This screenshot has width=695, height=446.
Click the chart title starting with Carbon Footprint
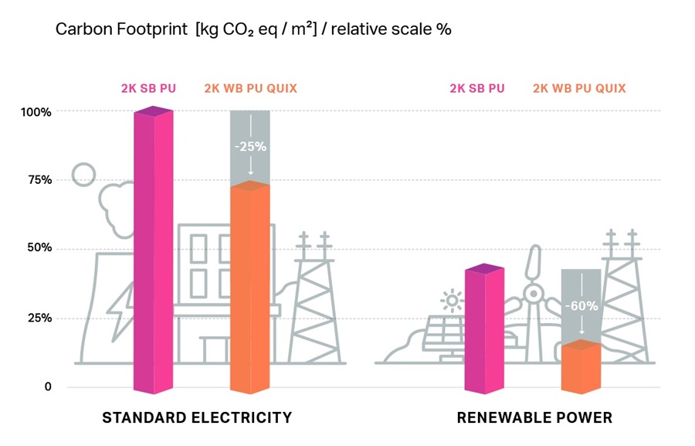(x=253, y=30)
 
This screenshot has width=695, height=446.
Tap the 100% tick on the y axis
(x=36, y=112)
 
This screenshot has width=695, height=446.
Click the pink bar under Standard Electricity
(x=153, y=251)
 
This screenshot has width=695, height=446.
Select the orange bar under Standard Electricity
(x=249, y=286)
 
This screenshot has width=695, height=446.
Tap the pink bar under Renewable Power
(x=484, y=329)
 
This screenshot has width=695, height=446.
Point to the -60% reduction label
(x=581, y=306)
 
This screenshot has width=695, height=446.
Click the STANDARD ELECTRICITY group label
(x=197, y=418)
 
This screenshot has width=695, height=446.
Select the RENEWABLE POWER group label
(x=534, y=418)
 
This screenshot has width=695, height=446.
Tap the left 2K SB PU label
(x=148, y=88)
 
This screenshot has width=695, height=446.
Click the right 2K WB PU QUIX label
(x=579, y=88)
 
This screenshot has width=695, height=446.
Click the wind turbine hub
(x=532, y=293)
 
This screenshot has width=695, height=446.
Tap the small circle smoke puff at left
(x=83, y=175)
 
